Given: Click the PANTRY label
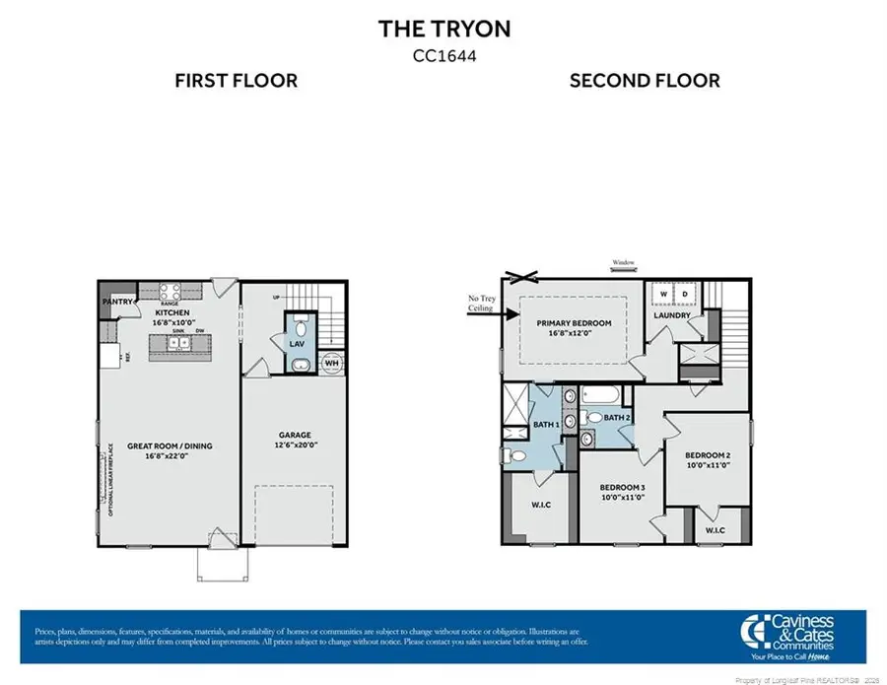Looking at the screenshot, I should coord(116,302).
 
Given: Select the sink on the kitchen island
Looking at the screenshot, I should coord(177,344).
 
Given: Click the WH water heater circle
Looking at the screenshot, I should coord(332,363).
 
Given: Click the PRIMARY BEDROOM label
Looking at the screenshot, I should coord(574,323).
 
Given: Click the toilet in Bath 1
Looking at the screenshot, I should coord(511,454).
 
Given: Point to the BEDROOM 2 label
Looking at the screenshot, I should coord(708,454).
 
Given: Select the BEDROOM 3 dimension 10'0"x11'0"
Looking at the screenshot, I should coord(623,498).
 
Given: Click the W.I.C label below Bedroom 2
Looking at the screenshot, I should coord(716,530).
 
